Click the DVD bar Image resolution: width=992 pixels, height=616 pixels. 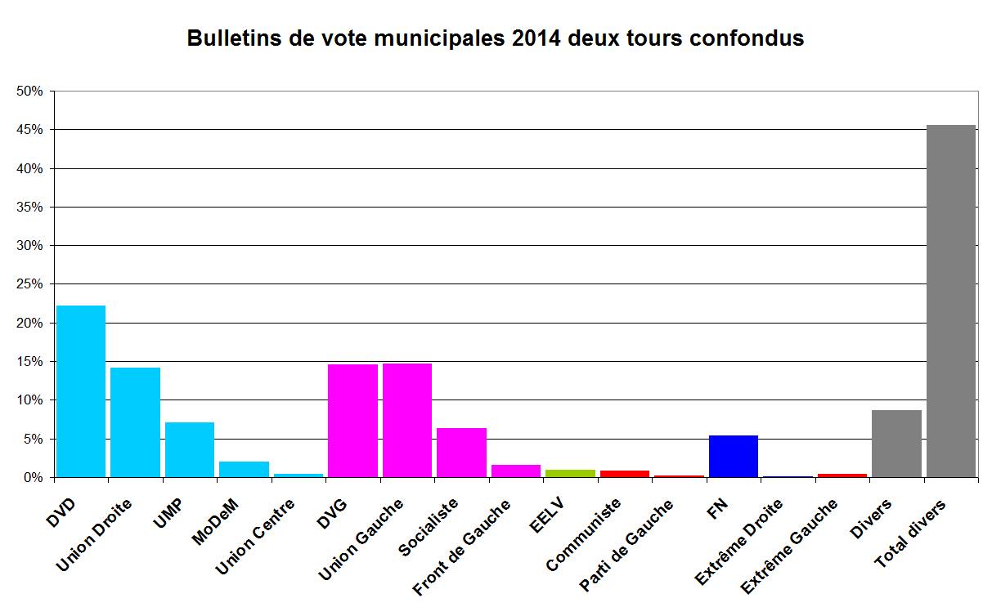click(81, 391)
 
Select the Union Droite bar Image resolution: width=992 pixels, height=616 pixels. click(135, 422)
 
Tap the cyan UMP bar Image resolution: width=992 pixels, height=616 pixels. click(190, 449)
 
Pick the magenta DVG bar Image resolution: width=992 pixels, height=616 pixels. click(352, 420)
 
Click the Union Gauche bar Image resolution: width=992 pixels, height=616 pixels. click(407, 420)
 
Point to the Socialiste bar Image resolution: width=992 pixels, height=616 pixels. click(461, 452)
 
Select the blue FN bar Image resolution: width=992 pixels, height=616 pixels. click(734, 456)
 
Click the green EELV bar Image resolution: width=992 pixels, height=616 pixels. click(570, 473)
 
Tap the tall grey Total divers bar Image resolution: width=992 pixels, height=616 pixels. click(951, 301)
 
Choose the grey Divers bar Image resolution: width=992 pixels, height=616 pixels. click(896, 443)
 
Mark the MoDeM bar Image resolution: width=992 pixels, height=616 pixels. click(244, 469)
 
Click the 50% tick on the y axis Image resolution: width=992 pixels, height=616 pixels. click(29, 92)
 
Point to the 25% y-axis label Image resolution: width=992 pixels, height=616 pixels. click(29, 284)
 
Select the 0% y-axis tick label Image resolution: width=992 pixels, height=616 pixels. click(33, 477)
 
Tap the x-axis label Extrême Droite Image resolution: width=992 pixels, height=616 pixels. click(738, 535)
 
